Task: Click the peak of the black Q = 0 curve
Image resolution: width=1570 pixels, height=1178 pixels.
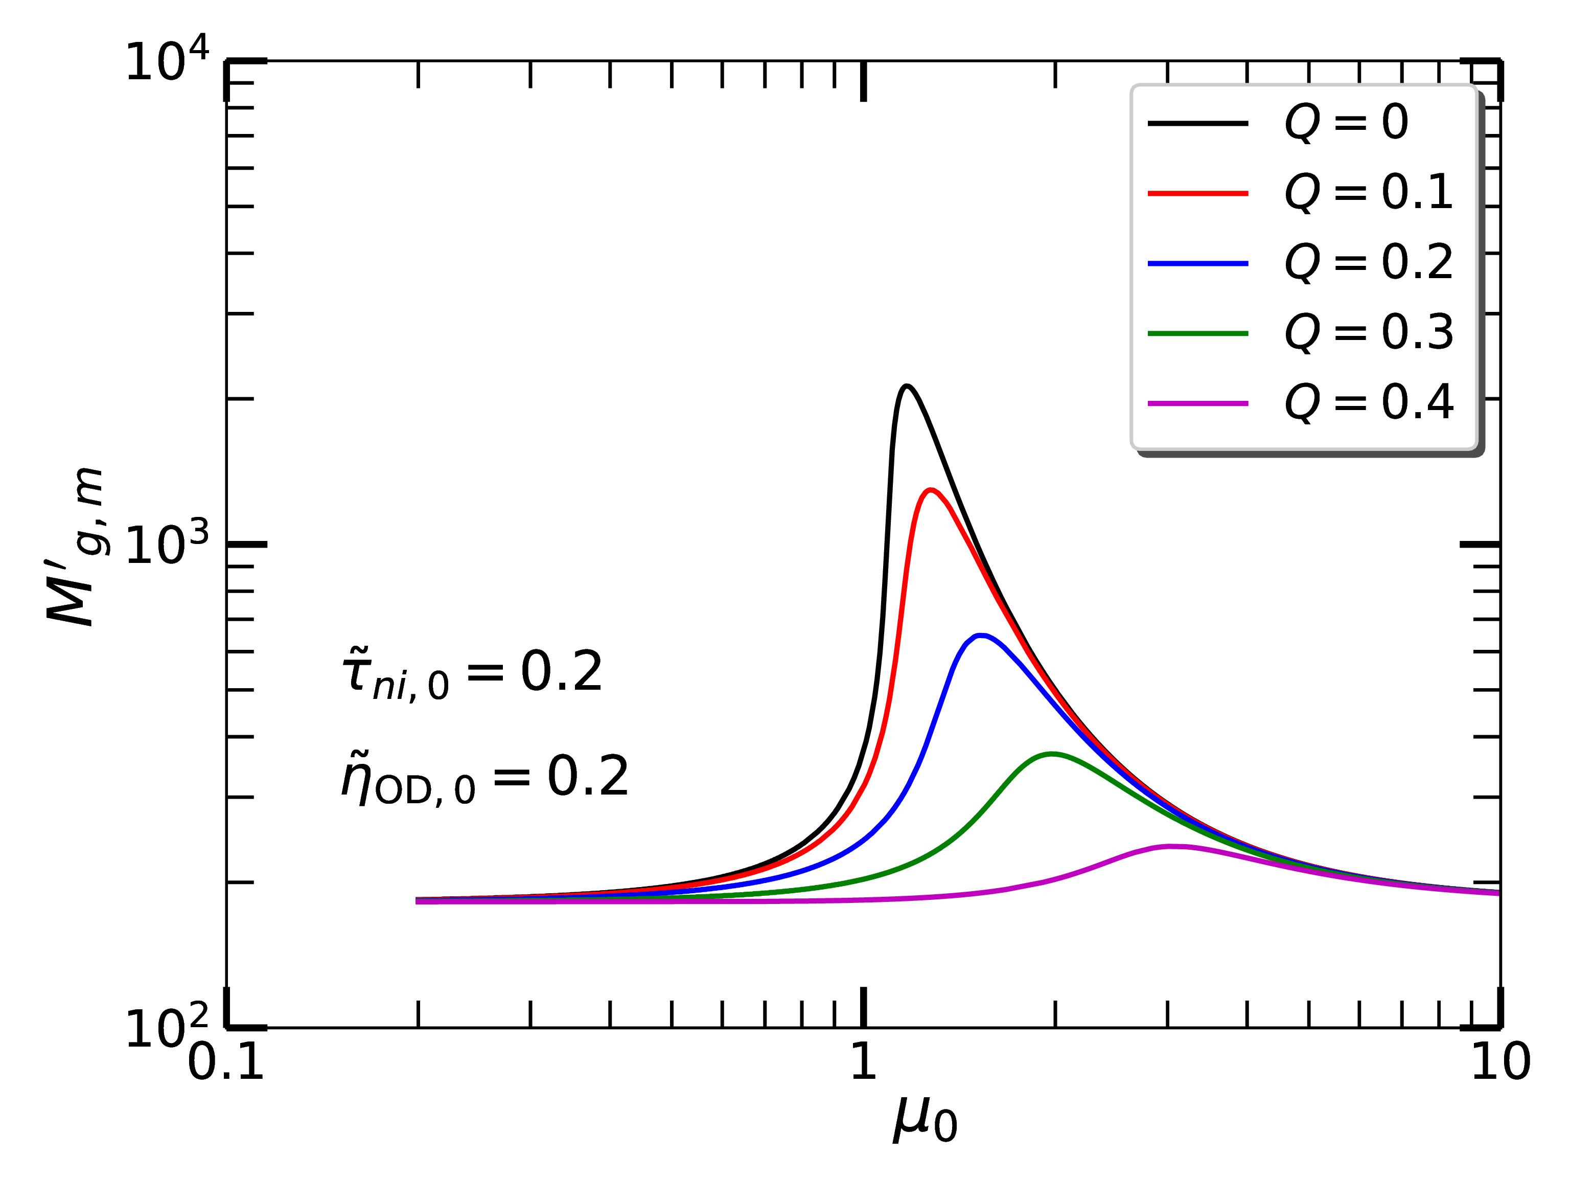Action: pos(906,387)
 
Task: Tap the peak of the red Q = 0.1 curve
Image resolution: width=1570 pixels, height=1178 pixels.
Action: pos(930,490)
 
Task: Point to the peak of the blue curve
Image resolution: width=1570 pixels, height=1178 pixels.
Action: pos(980,636)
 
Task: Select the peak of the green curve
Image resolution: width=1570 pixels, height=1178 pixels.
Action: pos(1052,754)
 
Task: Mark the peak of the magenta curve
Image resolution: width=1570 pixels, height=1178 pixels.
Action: pos(1171,846)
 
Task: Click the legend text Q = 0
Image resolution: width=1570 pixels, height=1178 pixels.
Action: pos(1347,122)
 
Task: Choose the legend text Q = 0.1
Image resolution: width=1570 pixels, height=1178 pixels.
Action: pos(1369,192)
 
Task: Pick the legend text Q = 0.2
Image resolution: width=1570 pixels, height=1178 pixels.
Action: pos(1369,263)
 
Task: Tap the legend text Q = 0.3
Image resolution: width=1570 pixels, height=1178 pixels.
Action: pos(1369,332)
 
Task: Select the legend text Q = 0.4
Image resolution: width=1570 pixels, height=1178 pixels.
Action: pos(1369,402)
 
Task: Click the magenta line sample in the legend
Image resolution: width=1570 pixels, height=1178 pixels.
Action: pos(1198,403)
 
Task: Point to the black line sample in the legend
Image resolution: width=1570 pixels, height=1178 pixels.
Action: pos(1198,124)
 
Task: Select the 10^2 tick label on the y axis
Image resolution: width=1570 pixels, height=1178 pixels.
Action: pos(167,1028)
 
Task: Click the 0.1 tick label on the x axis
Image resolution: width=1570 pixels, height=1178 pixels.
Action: pos(226,1063)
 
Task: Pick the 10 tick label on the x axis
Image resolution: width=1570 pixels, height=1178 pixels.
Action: pos(1500,1063)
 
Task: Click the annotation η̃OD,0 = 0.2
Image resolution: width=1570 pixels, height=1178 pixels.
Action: pos(485,779)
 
